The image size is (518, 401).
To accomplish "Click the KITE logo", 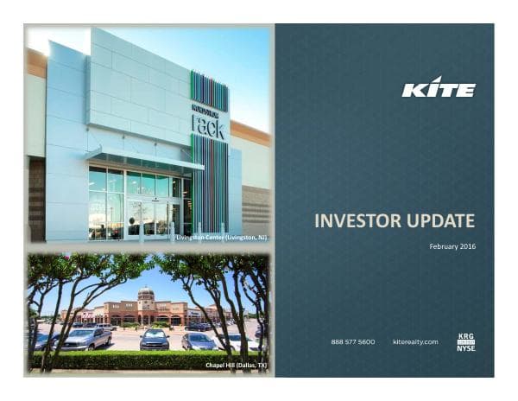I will tap(438, 89).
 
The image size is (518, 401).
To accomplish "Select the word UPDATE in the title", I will tap(440, 222).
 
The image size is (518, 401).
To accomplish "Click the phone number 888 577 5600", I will tap(353, 342).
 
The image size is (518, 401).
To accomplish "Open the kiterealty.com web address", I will tap(415, 342).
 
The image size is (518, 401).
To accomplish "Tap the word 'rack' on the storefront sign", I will tap(208, 127).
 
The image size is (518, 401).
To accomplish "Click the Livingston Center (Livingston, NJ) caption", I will tap(221, 236).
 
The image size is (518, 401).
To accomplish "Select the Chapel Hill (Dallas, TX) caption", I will tap(236, 366).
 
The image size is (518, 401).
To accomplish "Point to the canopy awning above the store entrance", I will tap(143, 159).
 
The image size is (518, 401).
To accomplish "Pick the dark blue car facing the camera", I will tap(155, 339).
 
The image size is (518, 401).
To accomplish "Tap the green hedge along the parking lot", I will tap(129, 359).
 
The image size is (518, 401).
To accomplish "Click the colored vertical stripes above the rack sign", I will tap(209, 92).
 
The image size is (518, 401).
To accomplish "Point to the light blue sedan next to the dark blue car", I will tap(198, 340).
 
